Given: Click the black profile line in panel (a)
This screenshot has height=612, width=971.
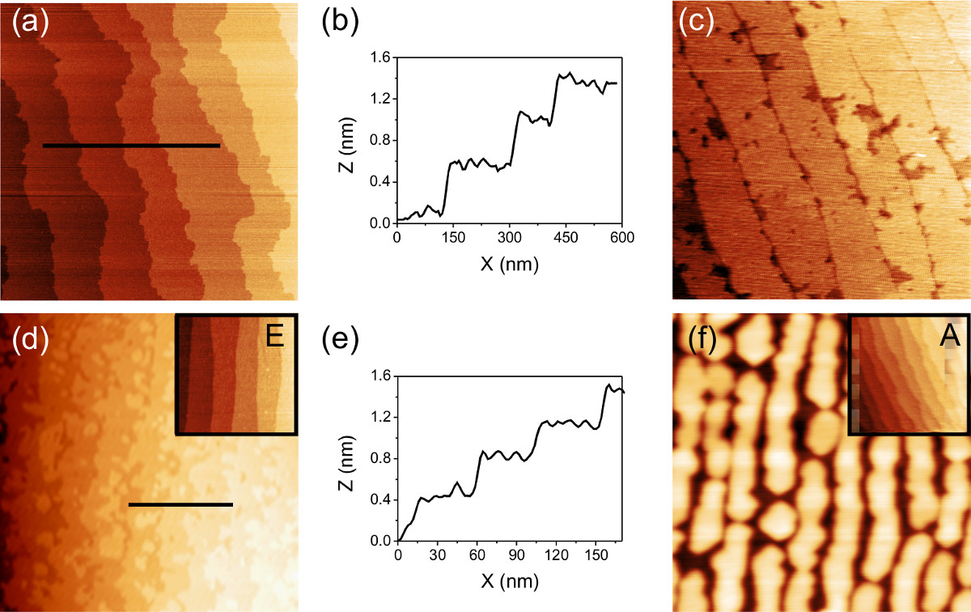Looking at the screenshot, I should (131, 146).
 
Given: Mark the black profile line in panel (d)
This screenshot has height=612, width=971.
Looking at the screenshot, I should (180, 505).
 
